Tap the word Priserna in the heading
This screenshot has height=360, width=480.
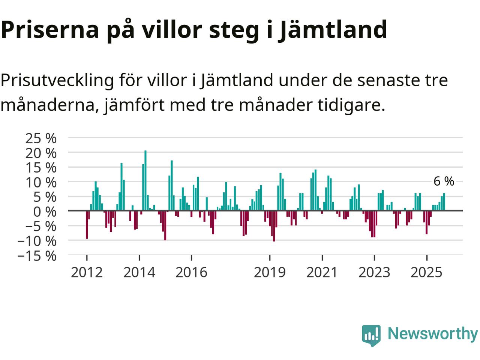[49, 29]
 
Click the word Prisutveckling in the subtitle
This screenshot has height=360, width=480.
[57, 80]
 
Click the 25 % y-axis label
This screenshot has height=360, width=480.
[41, 138]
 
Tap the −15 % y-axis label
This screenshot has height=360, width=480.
[37, 256]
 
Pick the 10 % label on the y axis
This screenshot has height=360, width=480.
[41, 182]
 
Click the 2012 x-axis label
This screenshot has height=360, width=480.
[87, 272]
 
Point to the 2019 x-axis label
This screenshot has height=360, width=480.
[270, 272]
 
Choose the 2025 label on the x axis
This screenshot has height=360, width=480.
[426, 272]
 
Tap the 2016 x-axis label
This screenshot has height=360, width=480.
[191, 272]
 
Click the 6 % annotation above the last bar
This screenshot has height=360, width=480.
[444, 181]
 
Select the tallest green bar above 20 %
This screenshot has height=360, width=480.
[145, 180]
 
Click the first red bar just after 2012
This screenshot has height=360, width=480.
[87, 225]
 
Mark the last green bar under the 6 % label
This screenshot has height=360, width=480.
[444, 202]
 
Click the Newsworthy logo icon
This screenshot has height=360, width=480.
[371, 335]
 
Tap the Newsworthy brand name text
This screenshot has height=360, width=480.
[432, 333]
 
